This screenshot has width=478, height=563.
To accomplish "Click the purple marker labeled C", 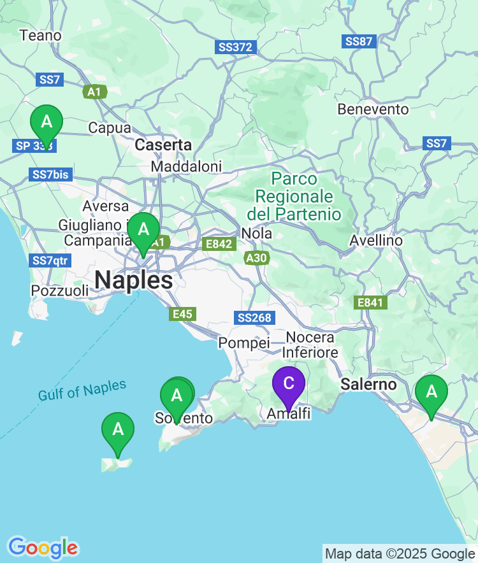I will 289,383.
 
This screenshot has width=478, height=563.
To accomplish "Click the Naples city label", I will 134,280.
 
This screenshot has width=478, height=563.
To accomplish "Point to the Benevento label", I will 373,110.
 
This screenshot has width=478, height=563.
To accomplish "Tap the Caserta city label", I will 163,145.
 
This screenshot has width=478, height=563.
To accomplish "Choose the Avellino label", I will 376,241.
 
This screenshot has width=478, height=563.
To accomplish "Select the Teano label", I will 41,36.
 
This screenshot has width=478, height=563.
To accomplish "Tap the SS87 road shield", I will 359,41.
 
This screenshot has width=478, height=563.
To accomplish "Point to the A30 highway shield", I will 257,258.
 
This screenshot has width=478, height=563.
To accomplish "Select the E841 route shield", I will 370,303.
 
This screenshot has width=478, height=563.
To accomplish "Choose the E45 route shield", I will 182,313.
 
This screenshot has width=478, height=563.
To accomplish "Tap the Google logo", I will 43,548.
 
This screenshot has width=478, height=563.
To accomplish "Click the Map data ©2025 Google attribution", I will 400,554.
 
